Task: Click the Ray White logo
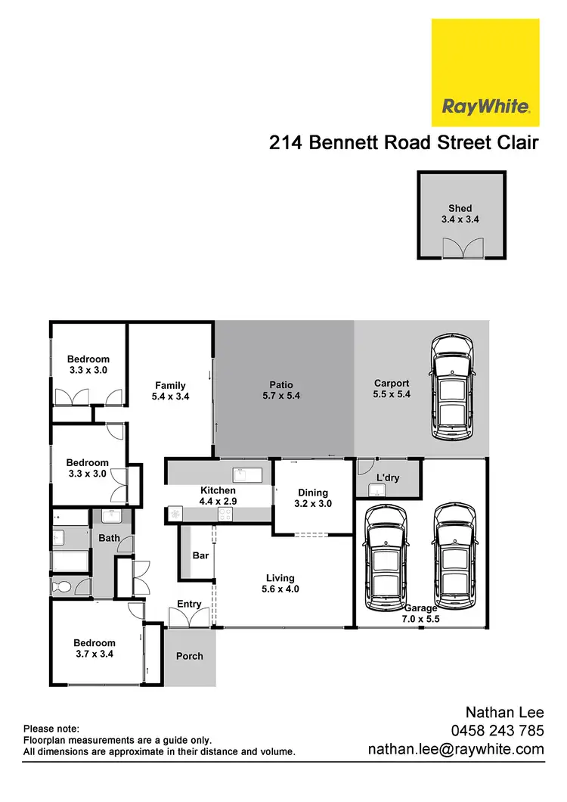485,73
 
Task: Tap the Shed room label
460,208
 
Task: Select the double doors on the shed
460,247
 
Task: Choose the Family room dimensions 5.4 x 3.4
170,396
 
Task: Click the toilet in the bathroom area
61,586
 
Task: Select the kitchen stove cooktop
225,514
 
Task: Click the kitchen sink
247,475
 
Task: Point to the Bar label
200,555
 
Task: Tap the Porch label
189,656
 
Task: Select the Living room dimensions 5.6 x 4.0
279,589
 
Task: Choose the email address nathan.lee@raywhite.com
456,749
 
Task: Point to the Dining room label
312,493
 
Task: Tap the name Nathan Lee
504,712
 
